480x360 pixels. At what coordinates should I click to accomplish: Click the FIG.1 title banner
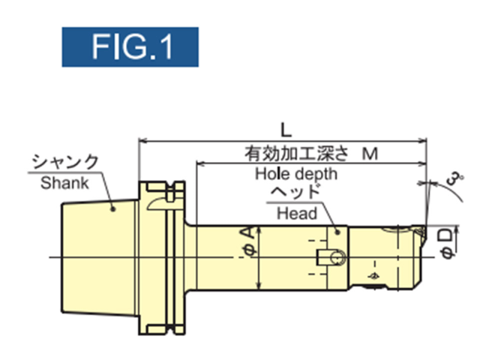(130, 47)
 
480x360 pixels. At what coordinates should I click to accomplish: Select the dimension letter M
(370, 154)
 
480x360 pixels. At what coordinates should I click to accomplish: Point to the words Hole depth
(296, 174)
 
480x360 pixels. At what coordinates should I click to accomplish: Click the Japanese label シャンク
(65, 163)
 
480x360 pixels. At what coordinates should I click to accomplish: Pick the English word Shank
(65, 183)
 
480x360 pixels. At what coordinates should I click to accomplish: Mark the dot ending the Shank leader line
(113, 209)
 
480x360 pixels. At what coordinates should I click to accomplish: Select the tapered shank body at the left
(96, 258)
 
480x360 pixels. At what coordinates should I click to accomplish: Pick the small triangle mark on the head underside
(373, 275)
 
